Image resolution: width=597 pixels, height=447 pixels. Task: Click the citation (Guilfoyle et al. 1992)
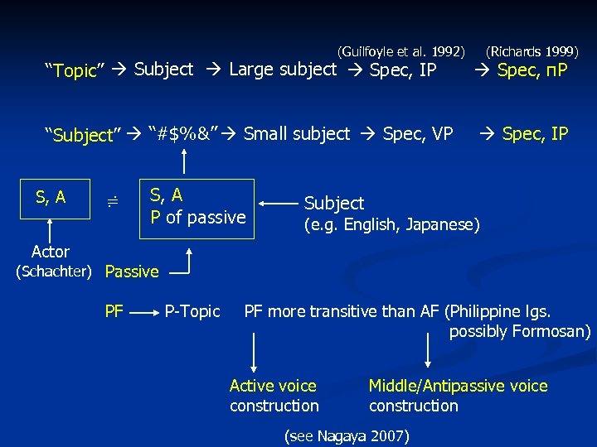402,51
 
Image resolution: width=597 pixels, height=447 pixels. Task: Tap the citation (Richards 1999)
532,51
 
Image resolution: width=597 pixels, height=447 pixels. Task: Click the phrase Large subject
283,69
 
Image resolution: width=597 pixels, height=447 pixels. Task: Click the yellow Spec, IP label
535,133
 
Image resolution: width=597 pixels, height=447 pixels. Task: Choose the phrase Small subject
297,133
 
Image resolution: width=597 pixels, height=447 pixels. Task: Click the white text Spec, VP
418,133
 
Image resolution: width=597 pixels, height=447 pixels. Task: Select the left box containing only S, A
52,198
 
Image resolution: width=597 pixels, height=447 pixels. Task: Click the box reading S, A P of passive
197,207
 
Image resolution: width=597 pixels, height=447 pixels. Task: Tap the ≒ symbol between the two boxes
114,199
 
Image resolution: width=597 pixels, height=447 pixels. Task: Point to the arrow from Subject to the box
278,201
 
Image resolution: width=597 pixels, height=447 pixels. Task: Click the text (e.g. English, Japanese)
391,223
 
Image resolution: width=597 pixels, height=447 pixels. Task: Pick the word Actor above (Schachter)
50,252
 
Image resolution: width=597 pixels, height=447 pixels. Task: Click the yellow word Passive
133,271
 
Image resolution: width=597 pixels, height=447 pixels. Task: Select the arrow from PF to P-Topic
143,313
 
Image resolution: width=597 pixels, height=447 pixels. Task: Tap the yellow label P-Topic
192,311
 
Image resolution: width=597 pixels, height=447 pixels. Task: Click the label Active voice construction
274,396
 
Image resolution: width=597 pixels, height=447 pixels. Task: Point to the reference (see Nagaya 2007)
347,435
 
